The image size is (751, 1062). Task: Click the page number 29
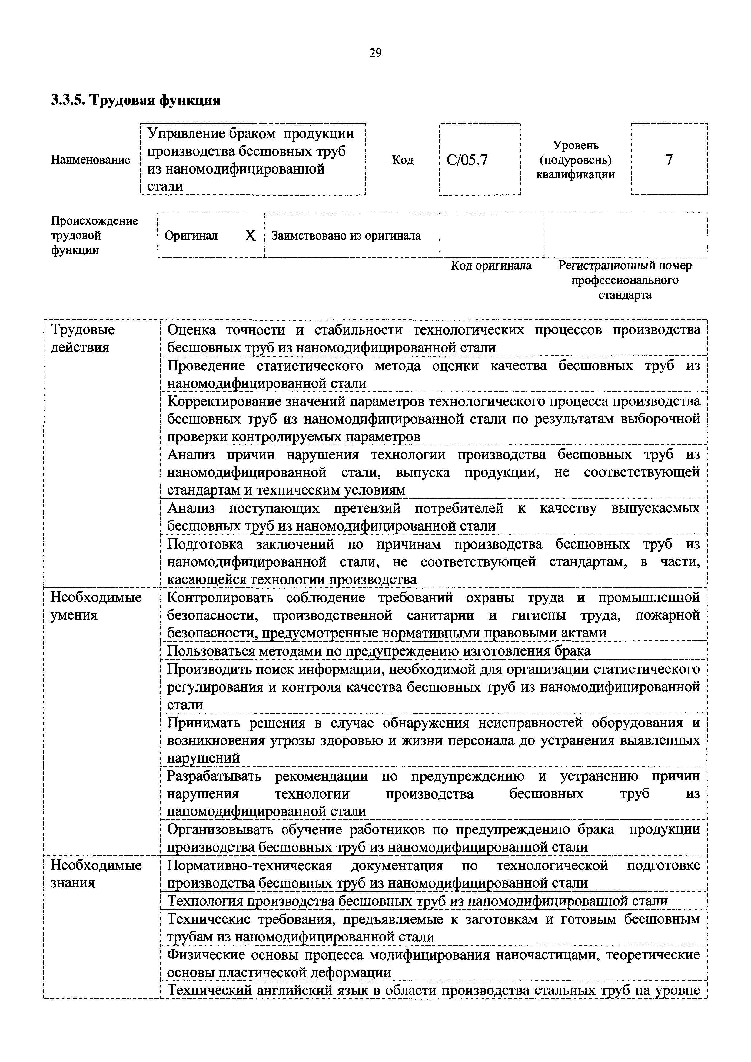(375, 53)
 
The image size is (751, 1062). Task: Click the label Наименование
(90, 160)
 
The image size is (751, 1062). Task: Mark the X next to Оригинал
(250, 236)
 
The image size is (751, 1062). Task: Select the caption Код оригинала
(491, 266)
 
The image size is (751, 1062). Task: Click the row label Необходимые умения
(96, 606)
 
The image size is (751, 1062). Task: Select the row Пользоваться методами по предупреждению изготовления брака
(378, 651)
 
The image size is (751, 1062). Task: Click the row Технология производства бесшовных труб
(417, 901)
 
